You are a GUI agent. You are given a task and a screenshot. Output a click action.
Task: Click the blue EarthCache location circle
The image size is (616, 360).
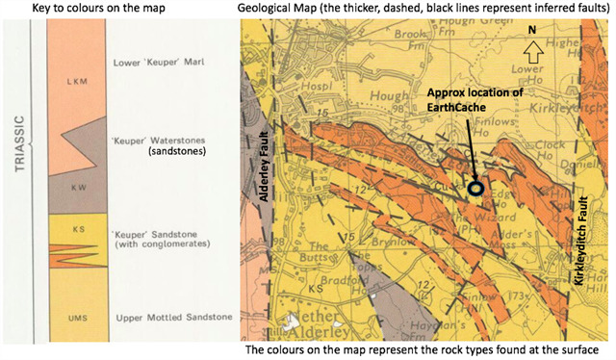pyautogui.click(x=475, y=190)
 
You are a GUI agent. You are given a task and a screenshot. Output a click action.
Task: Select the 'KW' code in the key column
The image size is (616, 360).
pyautogui.click(x=70, y=191)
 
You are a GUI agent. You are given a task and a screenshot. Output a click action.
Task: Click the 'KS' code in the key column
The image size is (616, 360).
pyautogui.click(x=70, y=229)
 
